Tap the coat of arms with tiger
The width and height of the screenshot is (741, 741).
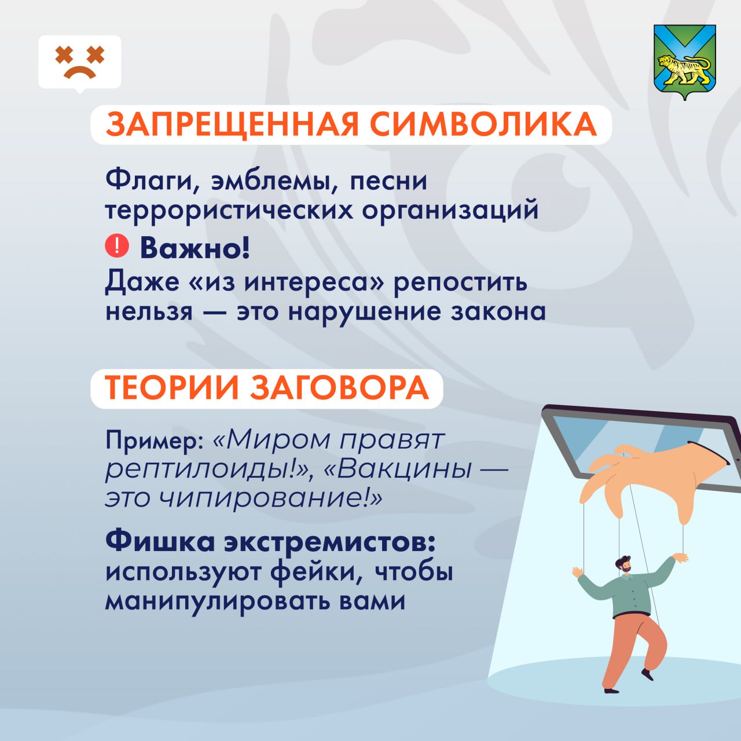[684, 62]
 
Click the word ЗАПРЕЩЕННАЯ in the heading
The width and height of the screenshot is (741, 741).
[232, 124]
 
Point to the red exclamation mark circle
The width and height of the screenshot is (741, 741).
[116, 245]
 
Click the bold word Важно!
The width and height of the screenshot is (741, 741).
[195, 248]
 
